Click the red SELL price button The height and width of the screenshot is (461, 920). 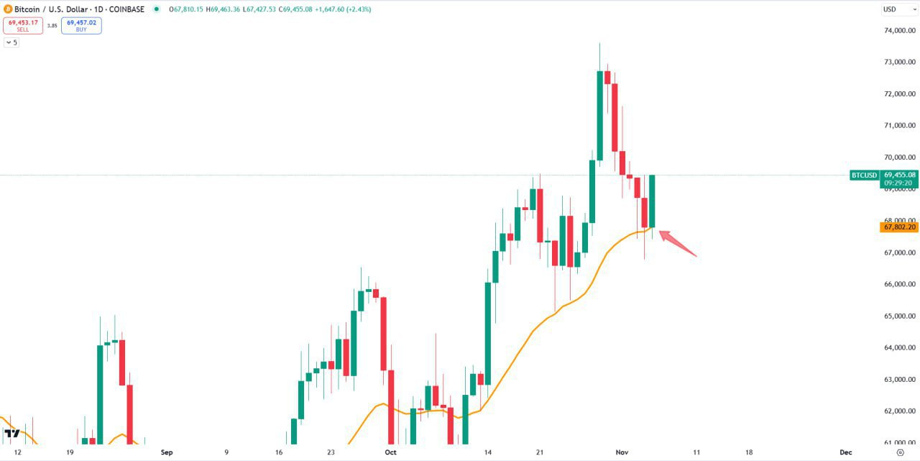(x=23, y=25)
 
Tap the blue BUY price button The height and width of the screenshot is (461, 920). (x=81, y=25)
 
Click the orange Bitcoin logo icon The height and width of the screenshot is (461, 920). (x=8, y=9)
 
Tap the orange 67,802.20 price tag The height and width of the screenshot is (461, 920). (x=898, y=227)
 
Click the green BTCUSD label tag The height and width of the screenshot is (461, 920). (x=864, y=175)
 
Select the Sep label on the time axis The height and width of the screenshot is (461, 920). (x=167, y=452)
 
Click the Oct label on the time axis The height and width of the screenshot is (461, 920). (x=390, y=452)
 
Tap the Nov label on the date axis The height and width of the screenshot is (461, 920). (x=622, y=452)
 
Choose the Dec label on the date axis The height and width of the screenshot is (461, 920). (x=846, y=452)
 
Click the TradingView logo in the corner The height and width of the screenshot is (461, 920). (x=11, y=433)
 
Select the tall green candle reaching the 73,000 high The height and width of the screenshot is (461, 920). (x=599, y=115)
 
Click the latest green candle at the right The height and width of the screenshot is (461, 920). (x=652, y=201)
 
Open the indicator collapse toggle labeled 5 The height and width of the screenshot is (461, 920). (x=11, y=42)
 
